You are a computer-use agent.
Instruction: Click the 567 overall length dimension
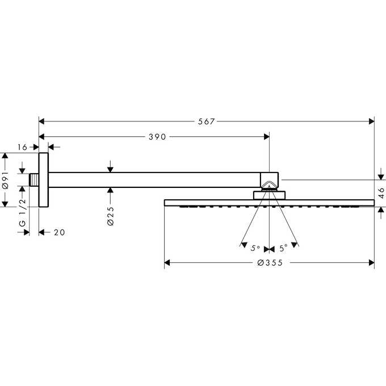(x=207, y=121)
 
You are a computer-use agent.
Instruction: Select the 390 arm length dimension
(x=156, y=136)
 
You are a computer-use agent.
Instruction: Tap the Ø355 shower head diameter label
(x=270, y=263)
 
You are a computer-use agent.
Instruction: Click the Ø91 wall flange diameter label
(x=5, y=181)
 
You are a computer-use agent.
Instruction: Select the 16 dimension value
(x=22, y=147)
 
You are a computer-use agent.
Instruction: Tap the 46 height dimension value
(x=381, y=192)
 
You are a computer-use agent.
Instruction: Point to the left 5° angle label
(x=255, y=247)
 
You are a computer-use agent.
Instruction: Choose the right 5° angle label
(x=283, y=247)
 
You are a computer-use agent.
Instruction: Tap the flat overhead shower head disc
(x=270, y=202)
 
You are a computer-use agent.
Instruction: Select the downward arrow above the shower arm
(x=111, y=168)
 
